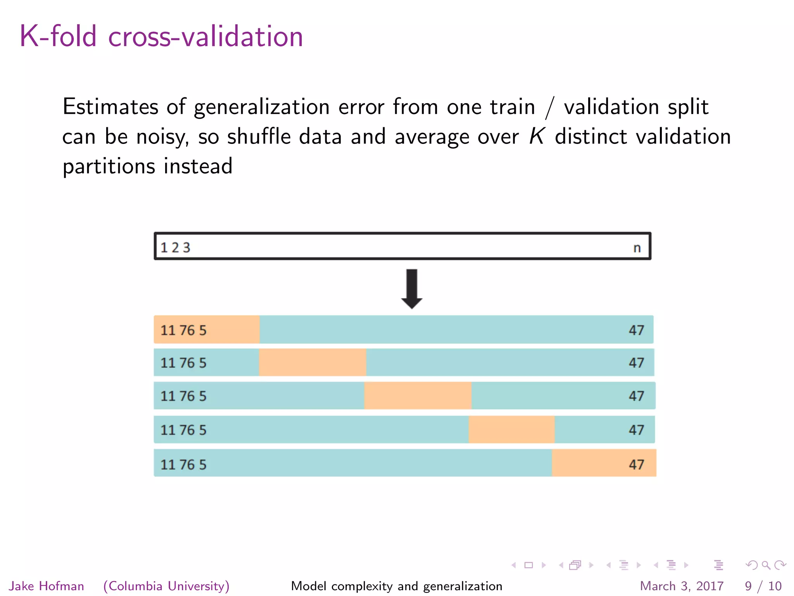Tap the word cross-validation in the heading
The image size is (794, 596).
(x=205, y=36)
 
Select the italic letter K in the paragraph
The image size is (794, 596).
(x=537, y=136)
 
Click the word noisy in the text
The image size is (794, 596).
(x=162, y=137)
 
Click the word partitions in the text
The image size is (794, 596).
(x=109, y=167)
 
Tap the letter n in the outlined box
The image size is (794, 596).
(x=637, y=248)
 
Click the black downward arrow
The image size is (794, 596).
(x=412, y=289)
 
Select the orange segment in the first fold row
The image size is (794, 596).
(x=207, y=329)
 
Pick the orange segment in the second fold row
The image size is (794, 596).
(x=312, y=362)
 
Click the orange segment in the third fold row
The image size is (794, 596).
(x=418, y=395)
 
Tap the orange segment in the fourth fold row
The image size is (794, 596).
(x=512, y=430)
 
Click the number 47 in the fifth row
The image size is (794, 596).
(x=636, y=464)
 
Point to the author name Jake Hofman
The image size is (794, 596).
(x=47, y=586)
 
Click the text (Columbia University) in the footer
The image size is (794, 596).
(x=166, y=586)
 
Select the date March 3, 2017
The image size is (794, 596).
(x=682, y=586)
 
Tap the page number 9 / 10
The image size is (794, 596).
(x=763, y=586)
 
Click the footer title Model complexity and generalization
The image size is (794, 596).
(x=397, y=586)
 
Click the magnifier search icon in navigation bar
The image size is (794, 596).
(x=766, y=565)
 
